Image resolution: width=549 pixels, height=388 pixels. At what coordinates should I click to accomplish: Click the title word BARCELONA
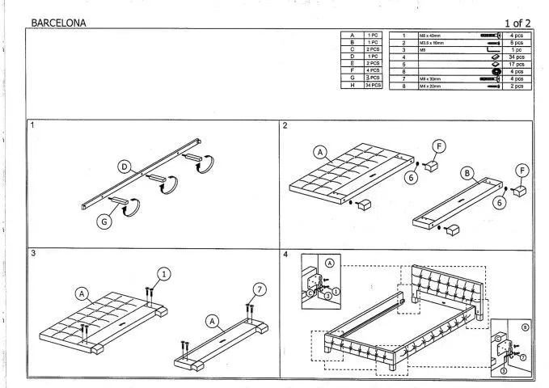(58, 23)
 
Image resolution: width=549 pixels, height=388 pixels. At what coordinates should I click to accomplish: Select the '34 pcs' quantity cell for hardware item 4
(518, 57)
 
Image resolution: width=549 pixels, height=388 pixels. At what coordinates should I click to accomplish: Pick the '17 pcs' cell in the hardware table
(518, 65)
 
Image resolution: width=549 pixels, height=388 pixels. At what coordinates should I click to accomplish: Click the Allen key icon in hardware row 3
(492, 50)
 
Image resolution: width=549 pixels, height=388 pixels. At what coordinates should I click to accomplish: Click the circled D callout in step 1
(125, 167)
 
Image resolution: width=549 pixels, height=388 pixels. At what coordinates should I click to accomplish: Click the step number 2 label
(285, 127)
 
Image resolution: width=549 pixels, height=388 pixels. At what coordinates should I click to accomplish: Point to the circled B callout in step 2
(467, 173)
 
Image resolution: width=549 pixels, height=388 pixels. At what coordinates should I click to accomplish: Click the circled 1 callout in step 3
(164, 273)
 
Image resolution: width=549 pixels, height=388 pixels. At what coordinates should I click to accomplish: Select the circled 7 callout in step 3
(259, 289)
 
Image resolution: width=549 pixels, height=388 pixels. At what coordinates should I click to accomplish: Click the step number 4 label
(285, 254)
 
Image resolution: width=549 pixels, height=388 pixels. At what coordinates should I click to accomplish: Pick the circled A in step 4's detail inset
(330, 263)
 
